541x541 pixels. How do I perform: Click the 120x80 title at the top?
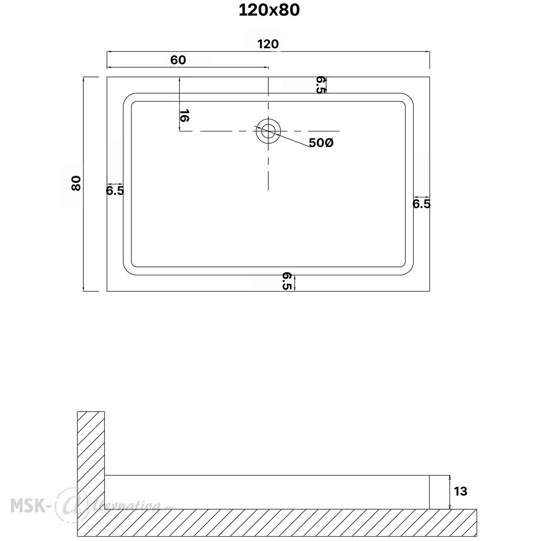pos(269,10)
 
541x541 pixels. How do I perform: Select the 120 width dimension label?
pos(268,44)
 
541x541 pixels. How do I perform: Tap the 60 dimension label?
pos(178,60)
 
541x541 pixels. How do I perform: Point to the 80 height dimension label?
pos(76,183)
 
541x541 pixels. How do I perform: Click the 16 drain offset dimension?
pos(184,116)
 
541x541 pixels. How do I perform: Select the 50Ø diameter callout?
pos(321,142)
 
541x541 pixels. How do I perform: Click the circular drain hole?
pos(268,131)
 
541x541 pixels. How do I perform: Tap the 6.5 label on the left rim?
pos(115,190)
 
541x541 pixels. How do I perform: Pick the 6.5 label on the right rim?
pos(421,204)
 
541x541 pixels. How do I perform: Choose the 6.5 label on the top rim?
pos(320,85)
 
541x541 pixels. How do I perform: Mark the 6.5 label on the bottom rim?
pos(287,281)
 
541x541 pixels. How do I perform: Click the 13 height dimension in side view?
pos(460,491)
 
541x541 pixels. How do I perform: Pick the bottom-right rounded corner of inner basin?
pos(410,271)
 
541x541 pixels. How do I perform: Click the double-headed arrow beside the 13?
pos(450,492)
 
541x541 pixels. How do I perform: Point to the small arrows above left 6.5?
pos(115,184)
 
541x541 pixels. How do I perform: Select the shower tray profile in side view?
pos(267,492)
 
